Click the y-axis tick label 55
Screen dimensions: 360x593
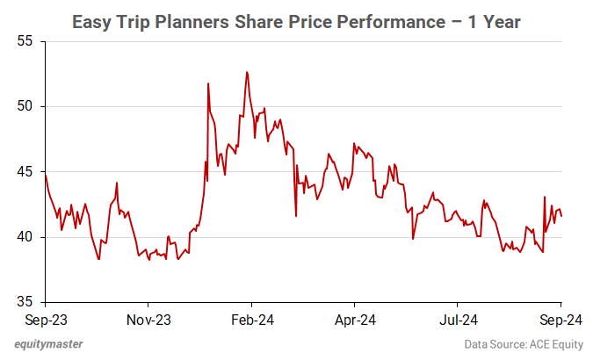(x=24, y=41)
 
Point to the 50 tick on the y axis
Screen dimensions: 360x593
(x=24, y=106)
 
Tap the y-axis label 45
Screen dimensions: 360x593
(x=24, y=171)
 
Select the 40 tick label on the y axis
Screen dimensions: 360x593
(x=24, y=237)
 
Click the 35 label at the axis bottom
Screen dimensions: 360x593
(x=24, y=302)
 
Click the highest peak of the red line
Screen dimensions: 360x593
(x=247, y=72)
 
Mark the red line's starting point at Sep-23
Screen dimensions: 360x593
(x=44, y=174)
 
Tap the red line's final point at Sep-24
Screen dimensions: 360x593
(x=561, y=216)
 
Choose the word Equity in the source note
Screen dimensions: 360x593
(x=568, y=346)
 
